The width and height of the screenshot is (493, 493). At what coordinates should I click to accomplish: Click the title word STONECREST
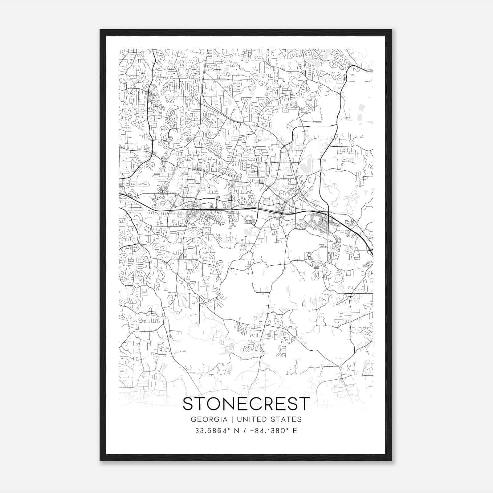(246, 404)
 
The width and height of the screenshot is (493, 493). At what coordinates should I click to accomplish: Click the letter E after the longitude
(295, 431)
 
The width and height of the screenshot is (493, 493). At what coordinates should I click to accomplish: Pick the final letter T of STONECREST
(304, 404)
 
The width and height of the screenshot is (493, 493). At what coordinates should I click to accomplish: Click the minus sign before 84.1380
(253, 431)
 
